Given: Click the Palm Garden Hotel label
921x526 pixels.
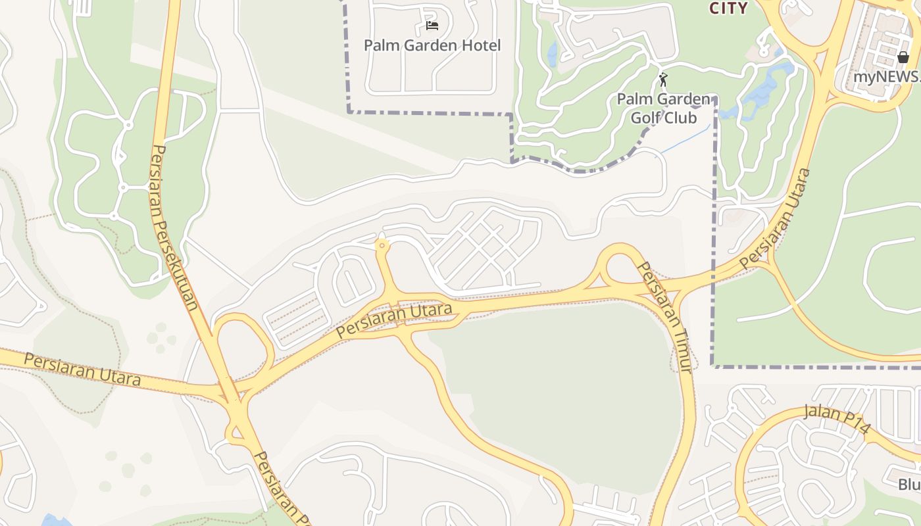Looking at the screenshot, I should [432, 45].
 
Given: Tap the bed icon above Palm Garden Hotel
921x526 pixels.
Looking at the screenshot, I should [432, 26].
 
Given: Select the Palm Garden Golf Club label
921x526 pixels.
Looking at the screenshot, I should [664, 108].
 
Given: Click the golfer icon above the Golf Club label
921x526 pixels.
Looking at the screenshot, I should [663, 80].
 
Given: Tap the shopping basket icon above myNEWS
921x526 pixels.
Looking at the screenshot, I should [903, 58].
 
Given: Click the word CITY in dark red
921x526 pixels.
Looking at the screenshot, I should [728, 8].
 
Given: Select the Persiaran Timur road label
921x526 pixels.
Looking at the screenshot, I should [666, 318].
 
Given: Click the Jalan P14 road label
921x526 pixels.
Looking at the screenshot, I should [837, 419].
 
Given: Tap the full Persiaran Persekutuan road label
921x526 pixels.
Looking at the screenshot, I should [174, 227].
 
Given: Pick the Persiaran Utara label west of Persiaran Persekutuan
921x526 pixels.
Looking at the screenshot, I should [82, 369].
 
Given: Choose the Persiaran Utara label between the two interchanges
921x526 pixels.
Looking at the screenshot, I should [395, 320].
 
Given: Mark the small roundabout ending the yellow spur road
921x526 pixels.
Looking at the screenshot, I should [382, 245].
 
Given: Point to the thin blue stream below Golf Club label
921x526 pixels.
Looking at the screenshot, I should [684, 140].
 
